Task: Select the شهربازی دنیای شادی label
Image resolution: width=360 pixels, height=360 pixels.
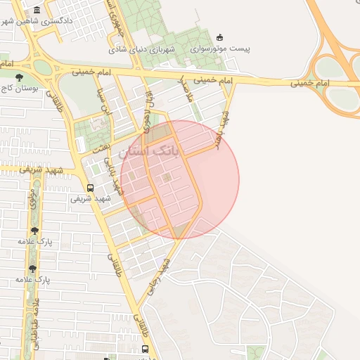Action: (x=146, y=49)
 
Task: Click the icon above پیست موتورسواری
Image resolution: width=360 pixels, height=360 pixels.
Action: (x=219, y=37)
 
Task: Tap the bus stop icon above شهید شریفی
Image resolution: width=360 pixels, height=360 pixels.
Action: (x=90, y=187)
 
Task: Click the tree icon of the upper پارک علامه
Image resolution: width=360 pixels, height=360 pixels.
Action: (x=34, y=230)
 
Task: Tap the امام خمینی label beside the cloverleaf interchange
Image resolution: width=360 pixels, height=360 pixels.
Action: (x=309, y=84)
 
